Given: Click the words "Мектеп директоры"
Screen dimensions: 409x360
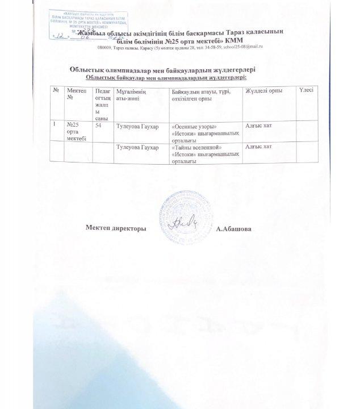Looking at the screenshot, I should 116,228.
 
